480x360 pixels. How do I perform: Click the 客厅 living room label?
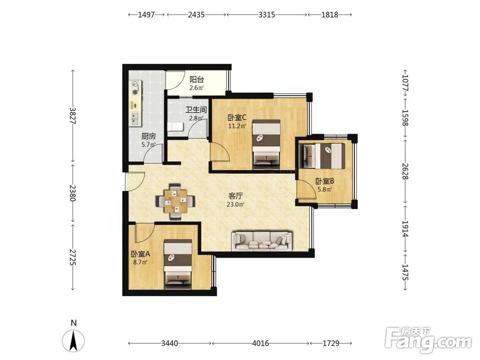[236, 196]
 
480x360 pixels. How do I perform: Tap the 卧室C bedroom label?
[237, 118]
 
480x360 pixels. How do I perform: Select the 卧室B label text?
[325, 181]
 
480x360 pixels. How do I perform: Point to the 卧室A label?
[140, 254]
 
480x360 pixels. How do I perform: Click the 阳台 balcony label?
[196, 80]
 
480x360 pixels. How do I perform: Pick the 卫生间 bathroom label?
[196, 110]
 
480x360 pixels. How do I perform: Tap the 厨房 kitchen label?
[148, 136]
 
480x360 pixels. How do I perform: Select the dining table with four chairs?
[175, 202]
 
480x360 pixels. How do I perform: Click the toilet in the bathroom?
[175, 127]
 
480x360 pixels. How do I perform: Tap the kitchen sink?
[135, 119]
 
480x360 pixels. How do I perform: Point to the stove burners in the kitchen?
[135, 87]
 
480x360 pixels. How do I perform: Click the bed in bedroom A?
[178, 264]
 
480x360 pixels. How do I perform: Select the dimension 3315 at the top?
[266, 14]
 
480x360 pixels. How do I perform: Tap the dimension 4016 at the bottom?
[261, 343]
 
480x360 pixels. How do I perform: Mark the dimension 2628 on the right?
[405, 171]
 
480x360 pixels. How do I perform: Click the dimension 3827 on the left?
[72, 115]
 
